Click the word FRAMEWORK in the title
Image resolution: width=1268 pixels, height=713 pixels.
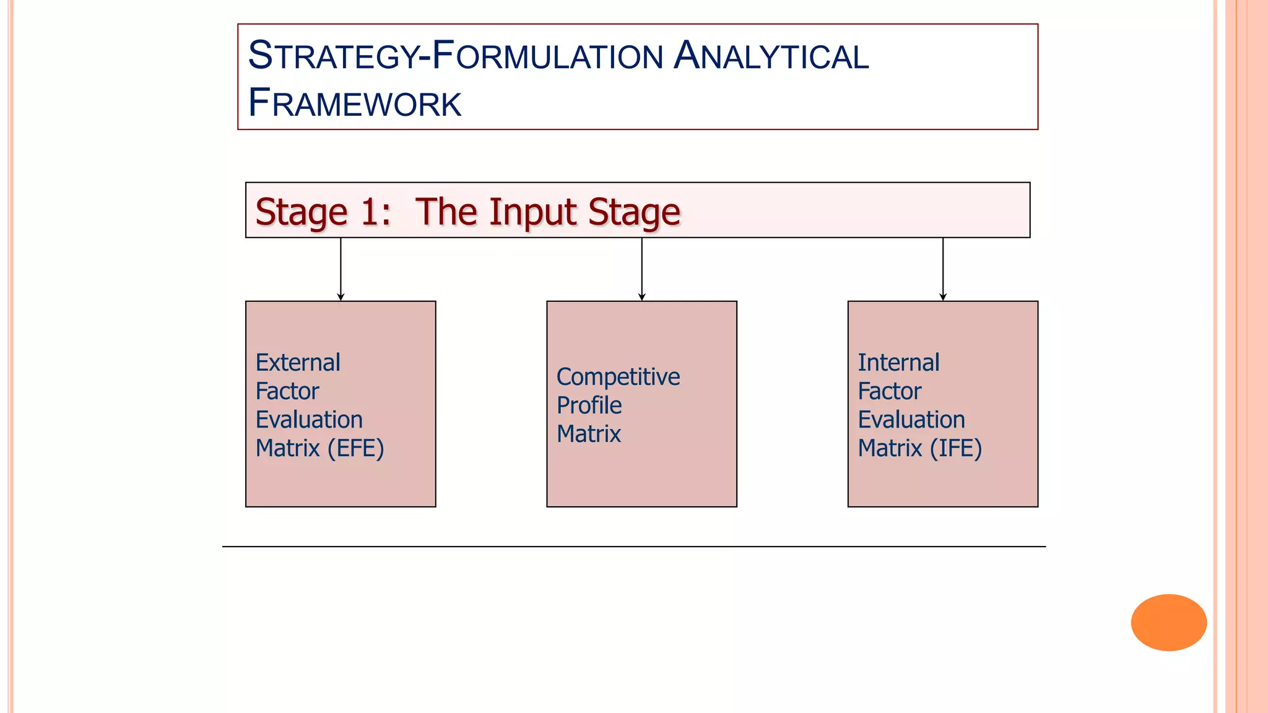click(355, 103)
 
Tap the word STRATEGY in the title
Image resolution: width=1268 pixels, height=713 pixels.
click(333, 56)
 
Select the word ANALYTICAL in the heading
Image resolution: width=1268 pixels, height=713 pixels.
click(771, 56)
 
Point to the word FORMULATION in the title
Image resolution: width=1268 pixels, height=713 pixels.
click(547, 56)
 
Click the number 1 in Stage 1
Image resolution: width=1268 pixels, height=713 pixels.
click(370, 212)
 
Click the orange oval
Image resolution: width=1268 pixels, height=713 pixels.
click(1168, 622)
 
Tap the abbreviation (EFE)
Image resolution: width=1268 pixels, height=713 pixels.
click(356, 448)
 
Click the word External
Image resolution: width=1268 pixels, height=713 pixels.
click(298, 363)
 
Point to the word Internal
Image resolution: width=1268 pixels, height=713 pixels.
click(898, 363)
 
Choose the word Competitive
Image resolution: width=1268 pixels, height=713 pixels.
click(618, 377)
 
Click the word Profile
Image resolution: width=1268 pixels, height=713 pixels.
click(589, 405)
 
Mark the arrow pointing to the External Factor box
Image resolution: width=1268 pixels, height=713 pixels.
click(341, 269)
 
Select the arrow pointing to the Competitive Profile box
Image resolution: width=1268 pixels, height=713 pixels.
click(642, 269)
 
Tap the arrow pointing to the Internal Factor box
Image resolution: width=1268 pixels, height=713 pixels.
click(943, 269)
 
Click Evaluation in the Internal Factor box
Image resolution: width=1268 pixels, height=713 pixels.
click(911, 420)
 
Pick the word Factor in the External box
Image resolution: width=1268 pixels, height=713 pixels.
click(287, 391)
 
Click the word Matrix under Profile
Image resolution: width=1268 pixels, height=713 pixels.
click(588, 434)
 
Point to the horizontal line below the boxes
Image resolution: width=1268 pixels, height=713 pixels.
click(634, 547)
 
